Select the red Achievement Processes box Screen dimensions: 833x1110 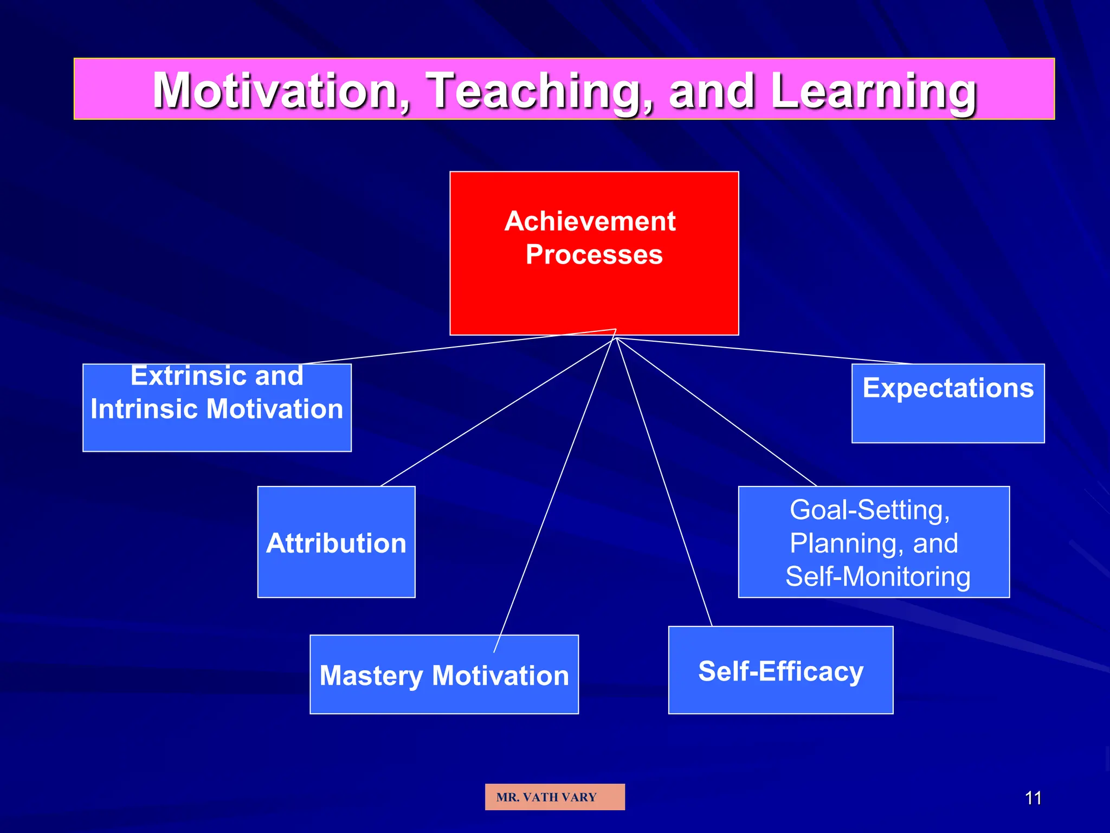(594, 293)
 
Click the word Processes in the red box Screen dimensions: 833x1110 (594, 254)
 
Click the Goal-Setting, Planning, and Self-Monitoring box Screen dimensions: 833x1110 (874, 542)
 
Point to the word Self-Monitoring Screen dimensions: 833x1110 (877, 576)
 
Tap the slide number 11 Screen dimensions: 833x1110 (1033, 798)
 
